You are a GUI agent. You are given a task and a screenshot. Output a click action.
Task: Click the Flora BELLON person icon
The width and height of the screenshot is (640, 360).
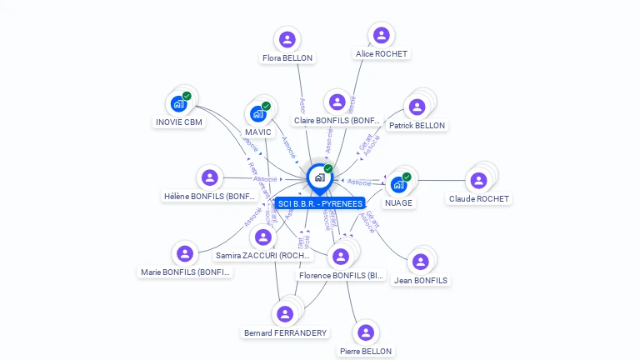(287, 39)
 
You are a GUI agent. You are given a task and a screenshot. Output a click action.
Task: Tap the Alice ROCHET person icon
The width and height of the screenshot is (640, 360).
(382, 35)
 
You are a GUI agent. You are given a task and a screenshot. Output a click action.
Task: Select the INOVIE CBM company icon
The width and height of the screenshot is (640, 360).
(178, 103)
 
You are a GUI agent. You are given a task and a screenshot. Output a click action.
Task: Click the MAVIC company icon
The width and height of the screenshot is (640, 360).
(257, 113)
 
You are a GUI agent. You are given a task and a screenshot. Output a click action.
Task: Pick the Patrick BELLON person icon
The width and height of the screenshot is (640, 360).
(417, 107)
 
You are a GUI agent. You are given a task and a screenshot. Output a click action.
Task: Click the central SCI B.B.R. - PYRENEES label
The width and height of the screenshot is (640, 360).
(320, 203)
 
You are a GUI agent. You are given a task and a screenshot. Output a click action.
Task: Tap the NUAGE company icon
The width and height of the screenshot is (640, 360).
(398, 184)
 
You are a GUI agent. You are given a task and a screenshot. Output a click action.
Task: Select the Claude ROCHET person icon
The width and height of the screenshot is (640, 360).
(478, 180)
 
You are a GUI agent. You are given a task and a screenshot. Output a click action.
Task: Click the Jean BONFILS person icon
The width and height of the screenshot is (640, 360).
(420, 262)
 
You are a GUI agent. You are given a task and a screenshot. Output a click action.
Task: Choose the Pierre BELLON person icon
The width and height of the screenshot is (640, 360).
(365, 332)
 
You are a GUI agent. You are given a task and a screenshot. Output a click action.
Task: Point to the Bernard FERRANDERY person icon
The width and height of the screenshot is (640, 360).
(285, 313)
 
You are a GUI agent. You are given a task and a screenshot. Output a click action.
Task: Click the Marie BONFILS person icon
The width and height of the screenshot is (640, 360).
(185, 253)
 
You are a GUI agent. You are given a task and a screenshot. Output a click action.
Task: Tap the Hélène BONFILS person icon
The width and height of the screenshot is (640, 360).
(210, 177)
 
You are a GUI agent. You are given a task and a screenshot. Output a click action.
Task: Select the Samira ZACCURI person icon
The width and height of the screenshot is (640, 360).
(263, 237)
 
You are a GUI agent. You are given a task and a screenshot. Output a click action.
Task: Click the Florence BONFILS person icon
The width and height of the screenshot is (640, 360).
(340, 256)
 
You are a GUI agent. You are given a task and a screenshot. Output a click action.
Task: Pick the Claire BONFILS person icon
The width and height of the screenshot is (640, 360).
(337, 102)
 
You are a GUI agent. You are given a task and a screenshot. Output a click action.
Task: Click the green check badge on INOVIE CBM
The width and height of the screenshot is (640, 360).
(187, 96)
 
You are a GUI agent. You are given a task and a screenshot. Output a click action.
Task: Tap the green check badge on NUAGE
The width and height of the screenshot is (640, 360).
(407, 177)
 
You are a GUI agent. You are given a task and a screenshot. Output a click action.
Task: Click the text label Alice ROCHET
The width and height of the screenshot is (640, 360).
(382, 53)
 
